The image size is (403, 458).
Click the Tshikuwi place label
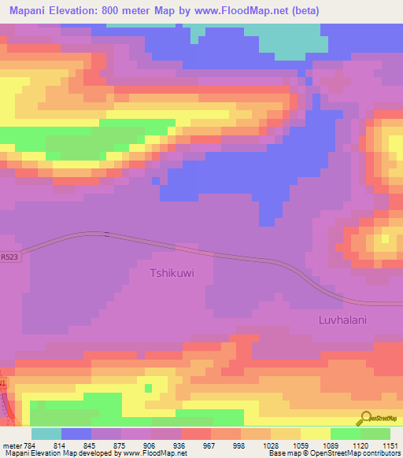[172, 274]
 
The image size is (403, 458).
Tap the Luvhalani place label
[342, 320]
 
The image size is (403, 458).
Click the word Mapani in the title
[32, 12]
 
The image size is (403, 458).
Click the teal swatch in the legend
[46, 434]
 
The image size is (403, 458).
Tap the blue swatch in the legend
[76, 434]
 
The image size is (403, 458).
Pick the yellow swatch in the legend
[315, 434]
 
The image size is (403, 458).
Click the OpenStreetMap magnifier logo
[364, 418]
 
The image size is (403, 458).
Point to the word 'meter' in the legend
[10, 445]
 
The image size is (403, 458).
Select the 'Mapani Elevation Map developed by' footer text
[55, 453]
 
